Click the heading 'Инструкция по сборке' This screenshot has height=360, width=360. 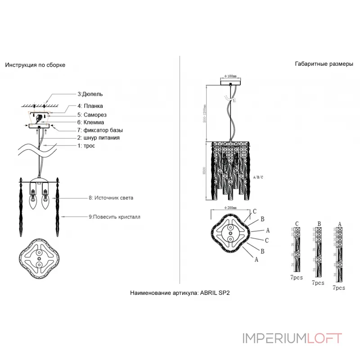coord(35,65)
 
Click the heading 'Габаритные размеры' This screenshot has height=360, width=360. coord(324,64)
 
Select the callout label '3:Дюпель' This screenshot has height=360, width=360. coord(90,94)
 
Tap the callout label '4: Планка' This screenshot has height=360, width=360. coord(90,106)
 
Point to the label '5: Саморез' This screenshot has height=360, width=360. coord(92,114)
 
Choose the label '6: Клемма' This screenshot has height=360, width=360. coord(91,122)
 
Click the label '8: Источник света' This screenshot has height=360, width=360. coord(111,198)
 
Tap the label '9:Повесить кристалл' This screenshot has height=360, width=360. coord(114,216)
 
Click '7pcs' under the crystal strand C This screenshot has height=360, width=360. coord(297,278)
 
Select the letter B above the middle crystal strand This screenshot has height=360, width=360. coord(319,223)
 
